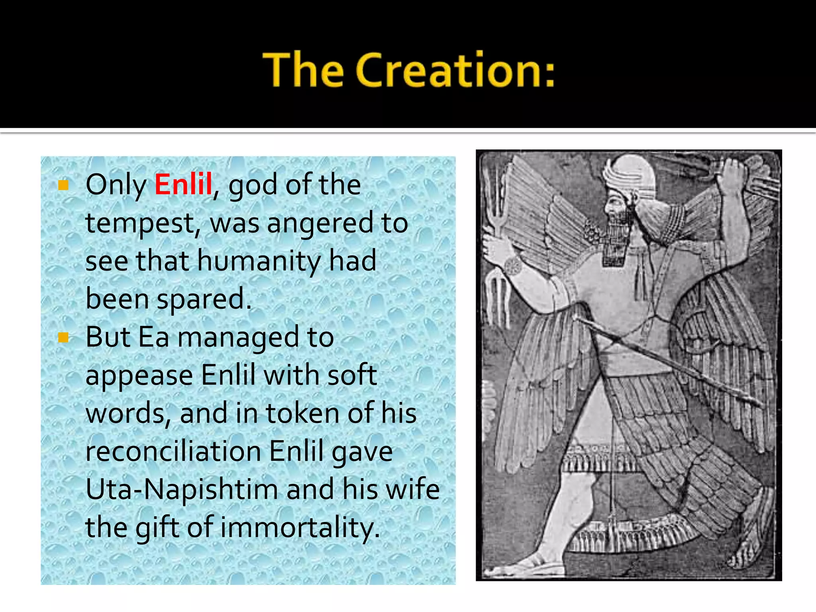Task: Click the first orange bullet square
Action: click(x=63, y=185)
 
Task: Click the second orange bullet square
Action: click(x=63, y=337)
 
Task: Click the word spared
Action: click(x=204, y=299)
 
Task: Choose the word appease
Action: click(x=139, y=376)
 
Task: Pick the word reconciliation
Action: click(x=173, y=451)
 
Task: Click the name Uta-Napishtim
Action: click(x=182, y=490)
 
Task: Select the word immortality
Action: click(x=300, y=528)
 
